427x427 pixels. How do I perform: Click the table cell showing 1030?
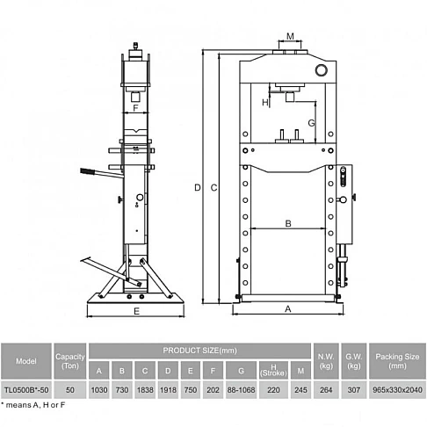tap(98, 388)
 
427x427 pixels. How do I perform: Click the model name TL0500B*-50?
tap(27, 388)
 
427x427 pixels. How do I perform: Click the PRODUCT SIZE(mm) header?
tap(200, 351)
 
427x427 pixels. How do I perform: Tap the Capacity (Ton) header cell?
tap(70, 360)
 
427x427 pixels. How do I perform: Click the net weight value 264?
tap(326, 388)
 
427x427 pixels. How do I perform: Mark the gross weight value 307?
tap(355, 388)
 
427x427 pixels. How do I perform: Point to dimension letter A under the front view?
tap(288, 308)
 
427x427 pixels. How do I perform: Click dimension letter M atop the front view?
tap(290, 36)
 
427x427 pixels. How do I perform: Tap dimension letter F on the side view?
tap(136, 110)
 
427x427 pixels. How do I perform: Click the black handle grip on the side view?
tap(89, 173)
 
